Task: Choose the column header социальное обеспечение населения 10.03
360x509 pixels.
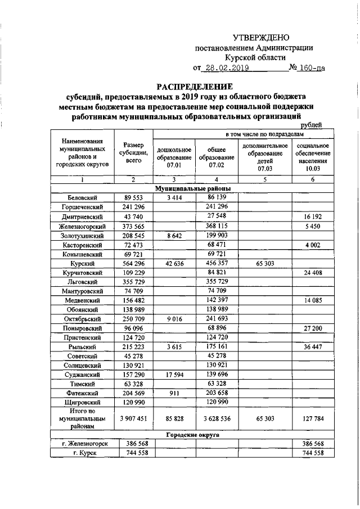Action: [x=309, y=156]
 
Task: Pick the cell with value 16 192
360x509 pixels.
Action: [x=310, y=217]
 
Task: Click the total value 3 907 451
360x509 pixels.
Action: [x=133, y=418]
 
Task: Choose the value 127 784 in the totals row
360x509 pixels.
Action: [x=310, y=418]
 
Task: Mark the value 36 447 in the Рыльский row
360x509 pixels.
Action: [x=310, y=347]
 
